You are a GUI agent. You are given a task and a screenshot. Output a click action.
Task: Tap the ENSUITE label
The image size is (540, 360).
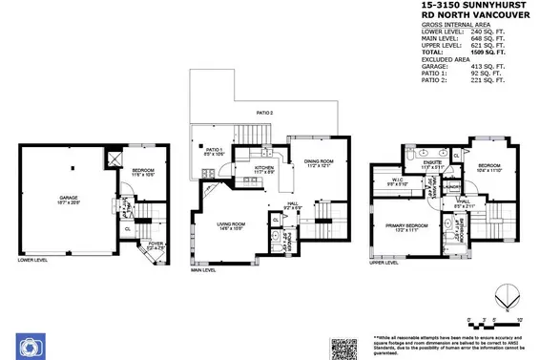click(x=433, y=163)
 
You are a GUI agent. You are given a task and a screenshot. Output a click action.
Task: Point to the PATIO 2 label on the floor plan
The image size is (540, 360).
click(x=263, y=113)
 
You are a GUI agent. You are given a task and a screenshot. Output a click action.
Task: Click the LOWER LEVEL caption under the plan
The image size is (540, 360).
click(x=31, y=260)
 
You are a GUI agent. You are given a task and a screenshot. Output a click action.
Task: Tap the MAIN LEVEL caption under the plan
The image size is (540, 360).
click(x=204, y=269)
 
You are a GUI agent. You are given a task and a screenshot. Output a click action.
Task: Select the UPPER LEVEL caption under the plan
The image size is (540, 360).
click(x=383, y=260)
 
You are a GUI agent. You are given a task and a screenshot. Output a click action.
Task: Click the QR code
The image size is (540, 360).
click(x=343, y=348)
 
